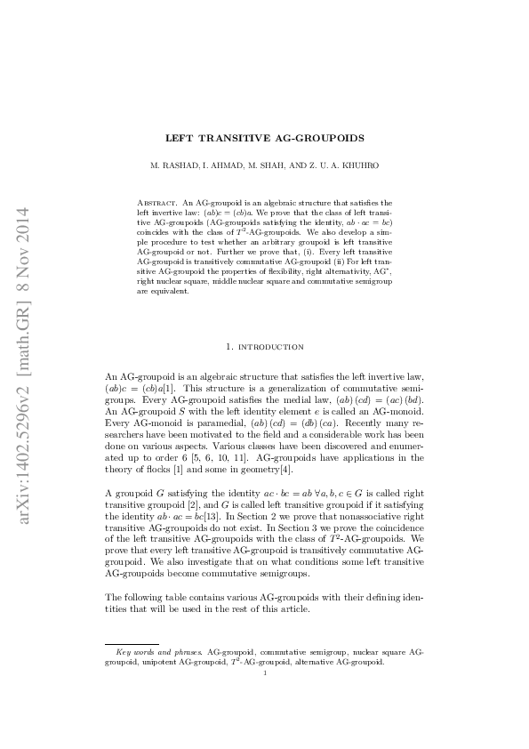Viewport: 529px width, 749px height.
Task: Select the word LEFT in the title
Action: [182, 138]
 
